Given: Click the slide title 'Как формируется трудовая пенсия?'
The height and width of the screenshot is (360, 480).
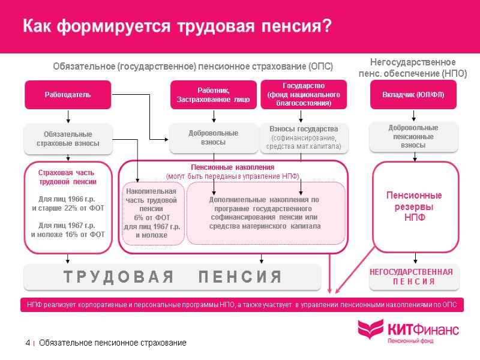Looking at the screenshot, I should (x=178, y=27).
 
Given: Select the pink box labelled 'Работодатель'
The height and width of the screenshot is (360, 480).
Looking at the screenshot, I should (x=68, y=95).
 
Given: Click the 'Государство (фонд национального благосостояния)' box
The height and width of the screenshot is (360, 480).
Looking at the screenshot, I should (x=304, y=94).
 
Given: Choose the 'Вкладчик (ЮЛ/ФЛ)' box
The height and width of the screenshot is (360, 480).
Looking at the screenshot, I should (x=413, y=95).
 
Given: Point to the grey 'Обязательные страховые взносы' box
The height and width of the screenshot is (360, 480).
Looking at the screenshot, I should (x=68, y=139).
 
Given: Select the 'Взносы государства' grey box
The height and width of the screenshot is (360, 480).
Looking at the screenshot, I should (x=304, y=137).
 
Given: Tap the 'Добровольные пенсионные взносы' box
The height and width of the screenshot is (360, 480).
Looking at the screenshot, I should (x=413, y=137).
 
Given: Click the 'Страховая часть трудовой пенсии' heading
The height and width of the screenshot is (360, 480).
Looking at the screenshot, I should (x=68, y=177).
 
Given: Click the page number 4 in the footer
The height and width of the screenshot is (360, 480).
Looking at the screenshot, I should (x=28, y=343).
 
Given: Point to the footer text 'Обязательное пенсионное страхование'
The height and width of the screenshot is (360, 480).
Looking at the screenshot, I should (x=112, y=343).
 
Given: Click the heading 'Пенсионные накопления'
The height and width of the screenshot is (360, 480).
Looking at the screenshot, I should (x=232, y=167).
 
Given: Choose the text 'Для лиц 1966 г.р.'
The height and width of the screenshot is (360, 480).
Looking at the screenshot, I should (x=67, y=199).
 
